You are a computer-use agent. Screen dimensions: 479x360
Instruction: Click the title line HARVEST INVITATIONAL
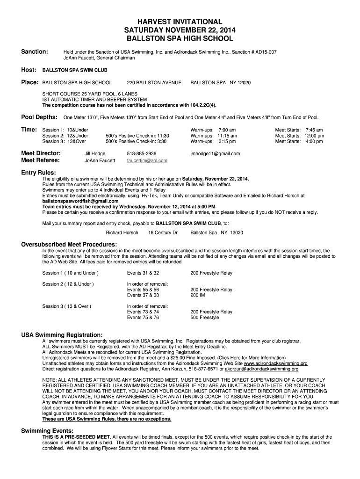point(180,22)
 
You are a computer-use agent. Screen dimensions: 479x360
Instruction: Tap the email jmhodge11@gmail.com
point(215,153)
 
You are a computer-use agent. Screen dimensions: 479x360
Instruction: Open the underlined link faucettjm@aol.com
point(147,160)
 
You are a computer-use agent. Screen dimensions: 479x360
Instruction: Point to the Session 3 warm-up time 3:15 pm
point(226,141)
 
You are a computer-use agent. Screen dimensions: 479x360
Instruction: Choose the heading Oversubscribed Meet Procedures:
point(69,244)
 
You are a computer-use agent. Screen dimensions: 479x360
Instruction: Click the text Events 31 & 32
point(143,273)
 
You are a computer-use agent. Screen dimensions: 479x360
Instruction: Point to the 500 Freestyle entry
point(204,318)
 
